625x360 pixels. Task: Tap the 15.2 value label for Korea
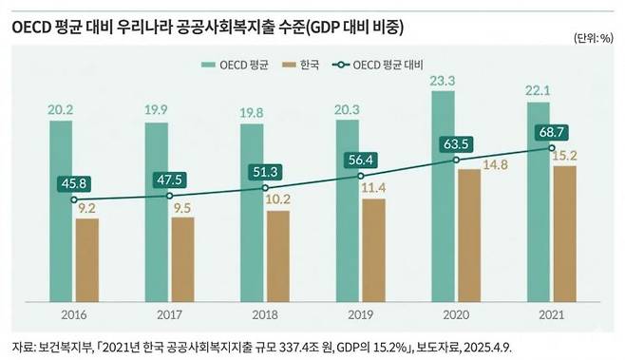click(x=564, y=155)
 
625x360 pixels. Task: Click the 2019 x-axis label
click(x=361, y=315)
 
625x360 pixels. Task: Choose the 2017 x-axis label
click(x=170, y=315)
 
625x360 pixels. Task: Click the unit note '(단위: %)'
click(x=593, y=38)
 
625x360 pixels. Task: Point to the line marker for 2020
click(x=457, y=161)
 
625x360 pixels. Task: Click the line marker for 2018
click(x=265, y=188)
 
